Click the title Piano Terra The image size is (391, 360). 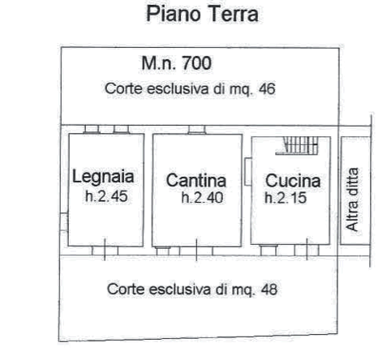click(202, 14)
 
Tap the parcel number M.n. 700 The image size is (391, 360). click(176, 63)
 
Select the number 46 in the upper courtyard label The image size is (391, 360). click(267, 88)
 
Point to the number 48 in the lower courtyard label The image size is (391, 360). click(269, 289)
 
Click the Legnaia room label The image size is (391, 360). click(103, 178)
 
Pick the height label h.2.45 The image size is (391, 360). click(106, 196)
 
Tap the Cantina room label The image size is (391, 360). click(196, 181)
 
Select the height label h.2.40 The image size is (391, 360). click(202, 198)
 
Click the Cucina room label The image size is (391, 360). click(293, 181)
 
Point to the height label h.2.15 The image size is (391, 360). click(286, 198)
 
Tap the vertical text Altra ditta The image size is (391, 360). click(352, 199)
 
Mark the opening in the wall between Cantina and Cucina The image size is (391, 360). click(248, 172)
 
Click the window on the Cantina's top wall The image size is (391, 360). click(197, 130)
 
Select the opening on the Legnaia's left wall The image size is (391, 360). click(64, 222)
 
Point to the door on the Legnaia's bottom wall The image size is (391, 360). click(105, 251)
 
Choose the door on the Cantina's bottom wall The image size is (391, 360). click(196, 251)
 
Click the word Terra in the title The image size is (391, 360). click(234, 14)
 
